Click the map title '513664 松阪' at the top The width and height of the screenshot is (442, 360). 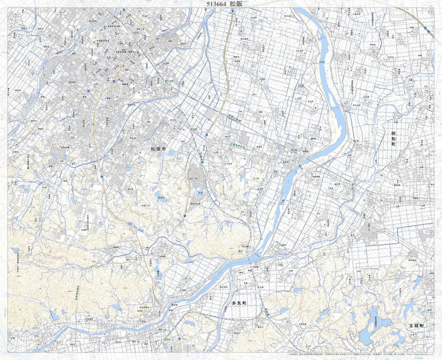coord(221,4)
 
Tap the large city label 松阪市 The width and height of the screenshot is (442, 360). coord(158,149)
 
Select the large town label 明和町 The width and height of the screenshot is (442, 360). coord(393,139)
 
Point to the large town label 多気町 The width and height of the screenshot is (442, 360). coord(239,303)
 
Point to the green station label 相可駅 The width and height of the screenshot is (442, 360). coord(167,339)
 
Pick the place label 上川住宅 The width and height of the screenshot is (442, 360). coord(228,164)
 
